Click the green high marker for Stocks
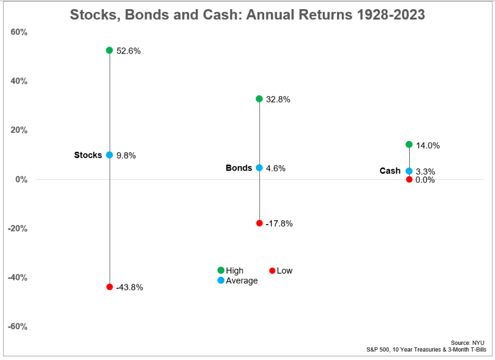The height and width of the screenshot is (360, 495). pos(109,50)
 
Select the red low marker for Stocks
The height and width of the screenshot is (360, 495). pos(109,287)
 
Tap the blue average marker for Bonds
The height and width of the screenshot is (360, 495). pos(259,168)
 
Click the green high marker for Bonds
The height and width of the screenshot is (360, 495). pos(259,99)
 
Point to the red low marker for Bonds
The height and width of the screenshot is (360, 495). pos(259,223)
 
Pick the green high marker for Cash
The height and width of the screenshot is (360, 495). pos(409,145)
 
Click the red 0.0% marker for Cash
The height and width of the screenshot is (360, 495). pos(409,179)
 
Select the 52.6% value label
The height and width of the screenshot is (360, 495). pos(128,51)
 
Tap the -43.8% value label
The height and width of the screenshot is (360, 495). pos(129,288)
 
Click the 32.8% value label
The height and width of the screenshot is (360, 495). pos(278,100)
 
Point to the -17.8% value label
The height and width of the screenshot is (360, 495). pos(279,223)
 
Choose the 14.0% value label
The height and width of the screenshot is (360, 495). pos(428,145)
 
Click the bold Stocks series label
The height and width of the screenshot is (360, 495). pos(88,155)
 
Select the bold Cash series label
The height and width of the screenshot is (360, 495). pos(390,171)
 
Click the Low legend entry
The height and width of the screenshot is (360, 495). pos(284,271)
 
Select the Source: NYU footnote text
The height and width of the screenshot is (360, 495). pos(467,343)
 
